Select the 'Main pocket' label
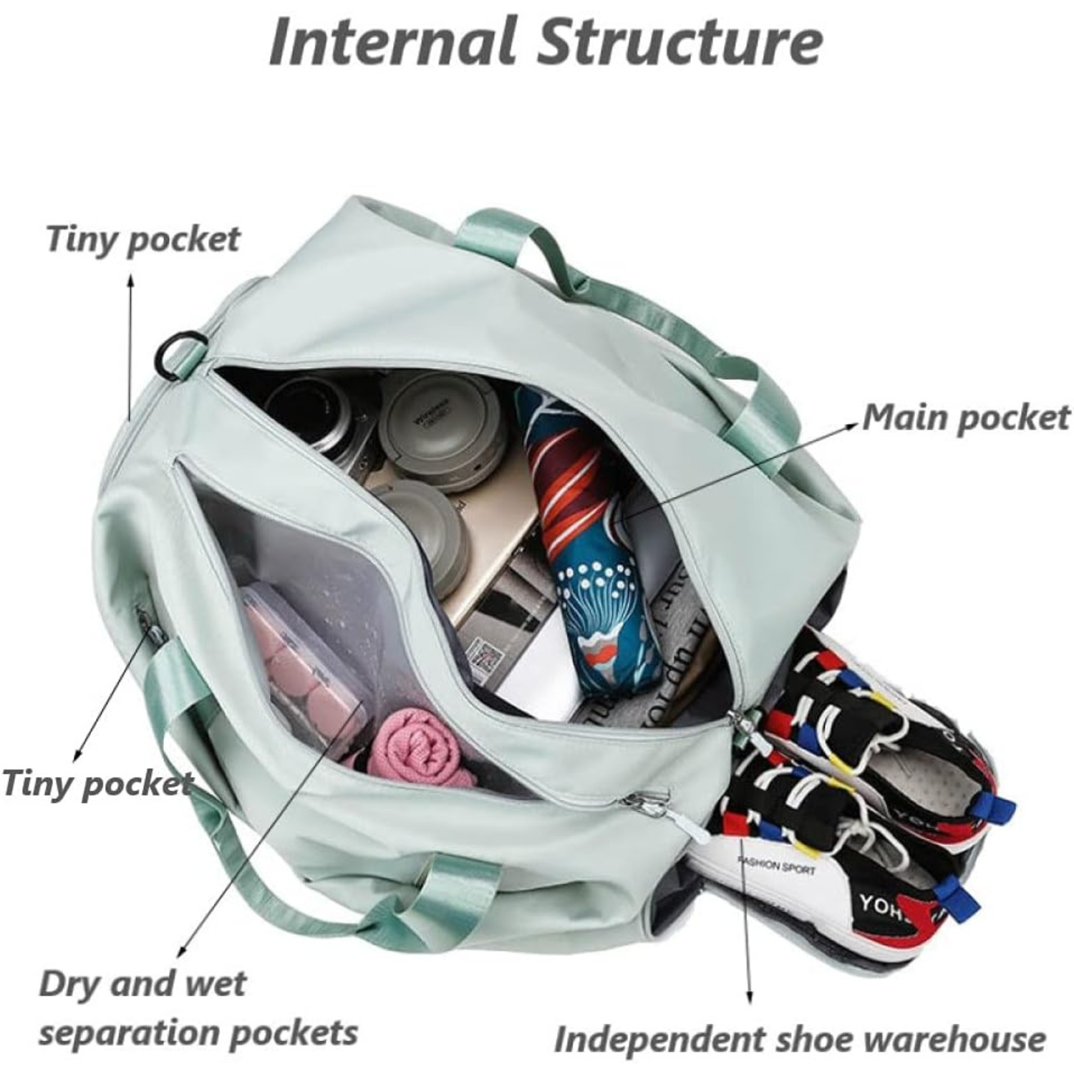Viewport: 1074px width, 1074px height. pos(966,417)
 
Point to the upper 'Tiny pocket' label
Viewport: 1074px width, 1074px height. pos(143,238)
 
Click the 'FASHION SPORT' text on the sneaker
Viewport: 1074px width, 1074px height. pos(777,867)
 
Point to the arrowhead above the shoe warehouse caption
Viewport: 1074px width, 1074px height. pos(750,998)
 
